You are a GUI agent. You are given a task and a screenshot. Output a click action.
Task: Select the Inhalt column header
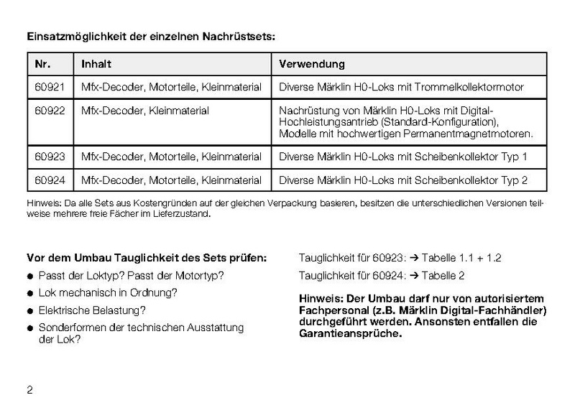(96, 64)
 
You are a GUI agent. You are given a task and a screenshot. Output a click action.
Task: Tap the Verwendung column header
(311, 64)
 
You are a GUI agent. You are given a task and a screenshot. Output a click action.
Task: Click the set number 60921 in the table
(50, 87)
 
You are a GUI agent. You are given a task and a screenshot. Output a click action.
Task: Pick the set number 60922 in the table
(50, 111)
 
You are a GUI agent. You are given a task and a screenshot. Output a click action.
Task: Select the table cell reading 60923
(50, 157)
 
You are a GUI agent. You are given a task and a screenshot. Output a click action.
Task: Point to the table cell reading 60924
(50, 180)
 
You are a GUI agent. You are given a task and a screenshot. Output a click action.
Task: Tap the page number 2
(29, 390)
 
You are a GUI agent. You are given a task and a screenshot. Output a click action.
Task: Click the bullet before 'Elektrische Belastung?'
(30, 311)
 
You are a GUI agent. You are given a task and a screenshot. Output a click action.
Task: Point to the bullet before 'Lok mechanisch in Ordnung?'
(30, 294)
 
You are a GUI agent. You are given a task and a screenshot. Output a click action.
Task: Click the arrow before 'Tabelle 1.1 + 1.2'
(414, 257)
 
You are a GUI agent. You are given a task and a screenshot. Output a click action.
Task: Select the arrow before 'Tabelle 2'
(414, 274)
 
